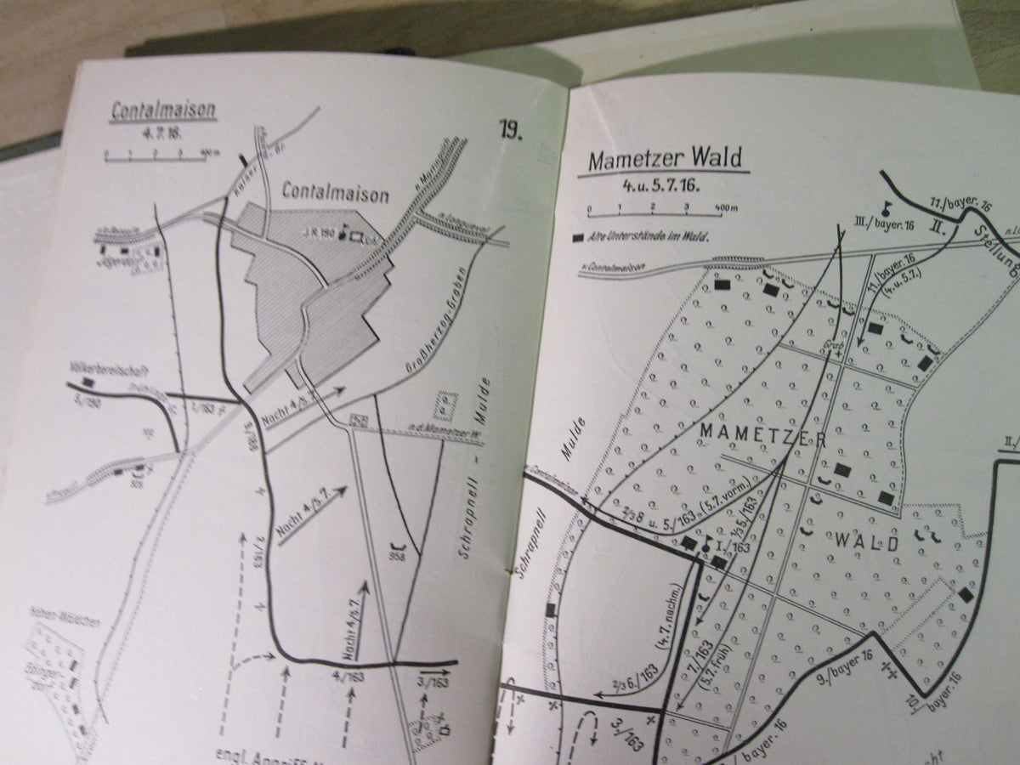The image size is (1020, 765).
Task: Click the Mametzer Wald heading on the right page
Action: click(663, 160)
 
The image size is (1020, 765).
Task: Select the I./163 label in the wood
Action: click(733, 547)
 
